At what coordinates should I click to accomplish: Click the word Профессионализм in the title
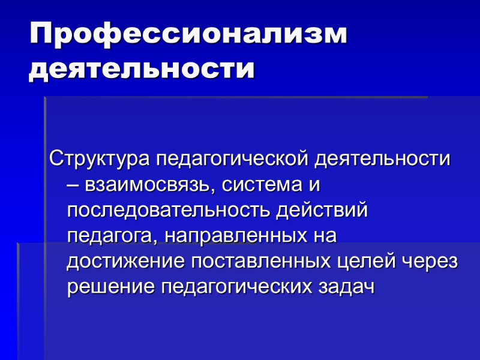[188, 34]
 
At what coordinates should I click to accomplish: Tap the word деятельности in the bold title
[142, 69]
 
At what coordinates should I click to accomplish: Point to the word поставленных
[259, 262]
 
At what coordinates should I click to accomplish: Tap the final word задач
[348, 287]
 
